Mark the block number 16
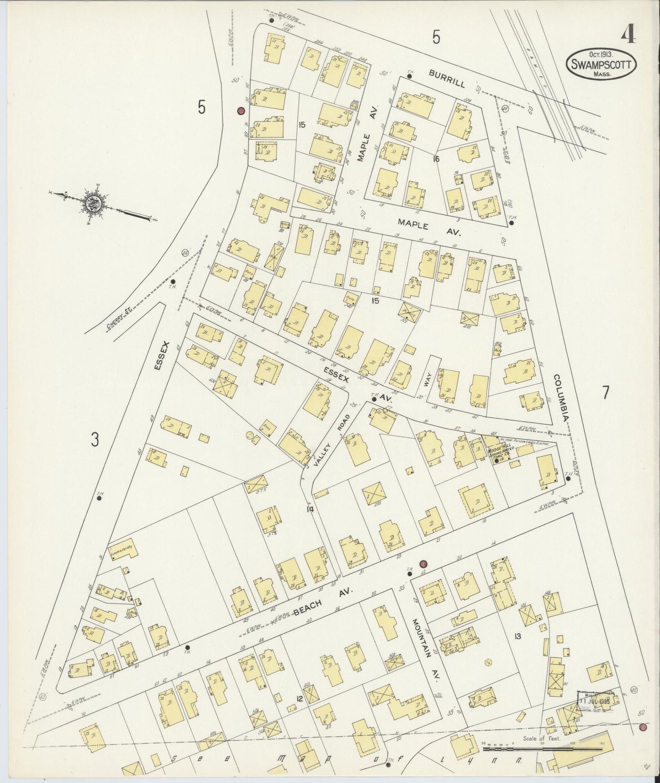pos(436,159)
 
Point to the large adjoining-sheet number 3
pos(95,440)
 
